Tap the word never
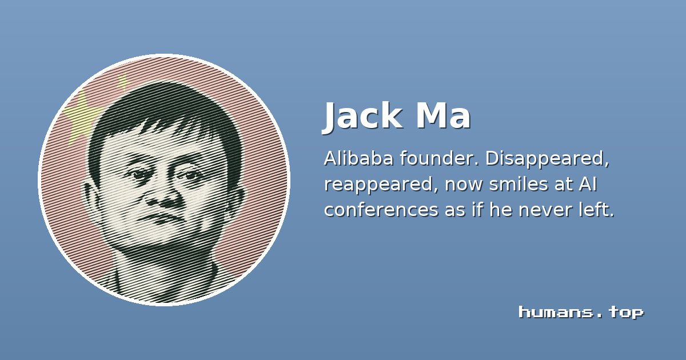pyautogui.click(x=541, y=210)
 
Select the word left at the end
pyautogui.click(x=593, y=210)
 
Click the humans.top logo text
pyautogui.click(x=581, y=312)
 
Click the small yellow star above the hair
pyautogui.click(x=123, y=82)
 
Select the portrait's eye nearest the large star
pyautogui.click(x=137, y=174)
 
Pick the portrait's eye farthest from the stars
pyautogui.click(x=190, y=176)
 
